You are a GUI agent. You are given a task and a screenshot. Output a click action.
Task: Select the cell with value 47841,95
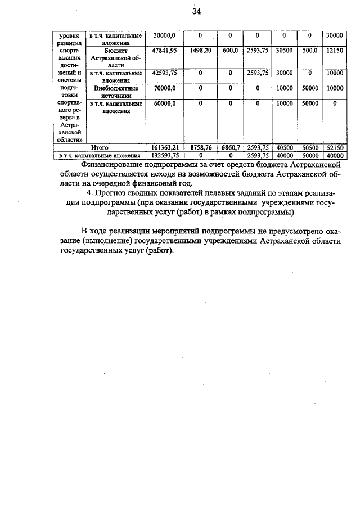tap(161, 50)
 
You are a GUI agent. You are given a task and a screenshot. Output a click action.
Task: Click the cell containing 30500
tap(284, 50)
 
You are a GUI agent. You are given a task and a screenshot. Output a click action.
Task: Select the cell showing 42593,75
tap(161, 73)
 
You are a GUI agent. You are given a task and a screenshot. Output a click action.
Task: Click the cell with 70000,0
tap(161, 88)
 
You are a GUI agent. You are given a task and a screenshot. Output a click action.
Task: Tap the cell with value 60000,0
tap(161, 103)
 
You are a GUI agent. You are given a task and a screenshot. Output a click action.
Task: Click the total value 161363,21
tap(161, 147)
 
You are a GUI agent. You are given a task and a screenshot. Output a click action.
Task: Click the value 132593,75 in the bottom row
tap(161, 155)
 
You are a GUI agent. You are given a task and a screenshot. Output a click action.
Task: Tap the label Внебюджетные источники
tap(114, 92)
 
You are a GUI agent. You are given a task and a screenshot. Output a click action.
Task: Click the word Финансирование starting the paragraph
tap(116, 164)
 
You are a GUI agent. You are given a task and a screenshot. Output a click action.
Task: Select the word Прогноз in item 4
tap(118, 194)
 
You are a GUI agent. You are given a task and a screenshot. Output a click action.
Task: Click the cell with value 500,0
tap(310, 50)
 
